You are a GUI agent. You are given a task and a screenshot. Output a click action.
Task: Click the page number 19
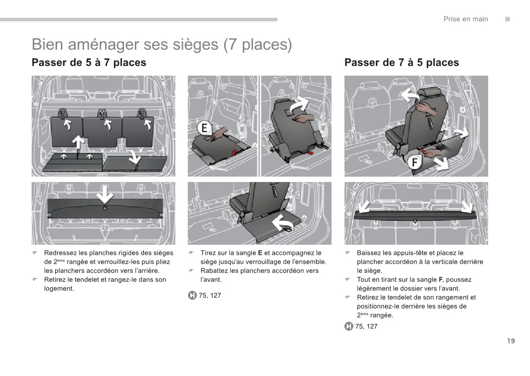pyautogui.click(x=510, y=341)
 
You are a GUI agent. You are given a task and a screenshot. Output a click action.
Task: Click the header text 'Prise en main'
pyautogui.click(x=465, y=19)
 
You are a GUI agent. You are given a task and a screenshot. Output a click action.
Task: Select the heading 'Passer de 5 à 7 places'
pyautogui.click(x=89, y=63)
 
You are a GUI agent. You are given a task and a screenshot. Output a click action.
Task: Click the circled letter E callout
pyautogui.click(x=204, y=129)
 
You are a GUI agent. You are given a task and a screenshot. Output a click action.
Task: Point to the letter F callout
pyautogui.click(x=415, y=162)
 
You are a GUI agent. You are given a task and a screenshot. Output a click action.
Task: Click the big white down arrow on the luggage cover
pyautogui.click(x=105, y=194)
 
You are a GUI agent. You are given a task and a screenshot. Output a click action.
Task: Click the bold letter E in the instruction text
pyautogui.click(x=260, y=253)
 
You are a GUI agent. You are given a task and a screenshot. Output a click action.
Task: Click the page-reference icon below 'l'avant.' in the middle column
pyautogui.click(x=192, y=295)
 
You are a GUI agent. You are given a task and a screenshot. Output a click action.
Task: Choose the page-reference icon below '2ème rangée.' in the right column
pyautogui.click(x=349, y=327)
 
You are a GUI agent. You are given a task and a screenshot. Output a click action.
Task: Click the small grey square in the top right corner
pyautogui.click(x=507, y=19)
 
